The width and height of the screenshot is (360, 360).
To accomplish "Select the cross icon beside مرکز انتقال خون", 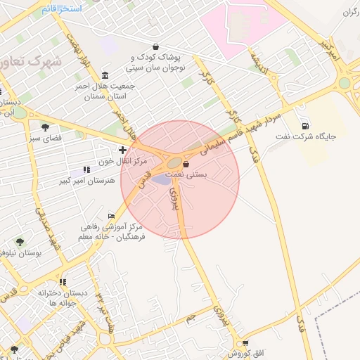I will click(x=123, y=150).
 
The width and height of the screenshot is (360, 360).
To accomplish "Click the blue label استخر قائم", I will click(x=62, y=8).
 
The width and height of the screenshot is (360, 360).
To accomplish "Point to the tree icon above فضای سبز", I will click(x=46, y=127).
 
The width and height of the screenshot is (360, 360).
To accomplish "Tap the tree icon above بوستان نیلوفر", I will click(x=20, y=241).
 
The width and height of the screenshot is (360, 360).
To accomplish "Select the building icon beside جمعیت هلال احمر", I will click(x=105, y=75).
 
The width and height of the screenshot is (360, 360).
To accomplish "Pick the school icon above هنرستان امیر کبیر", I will click(x=86, y=169).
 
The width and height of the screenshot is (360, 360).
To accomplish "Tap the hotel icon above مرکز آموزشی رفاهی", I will click(x=111, y=216).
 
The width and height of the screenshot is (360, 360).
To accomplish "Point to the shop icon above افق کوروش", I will click(x=244, y=343).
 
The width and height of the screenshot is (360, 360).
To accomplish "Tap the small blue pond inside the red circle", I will click(x=162, y=179).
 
